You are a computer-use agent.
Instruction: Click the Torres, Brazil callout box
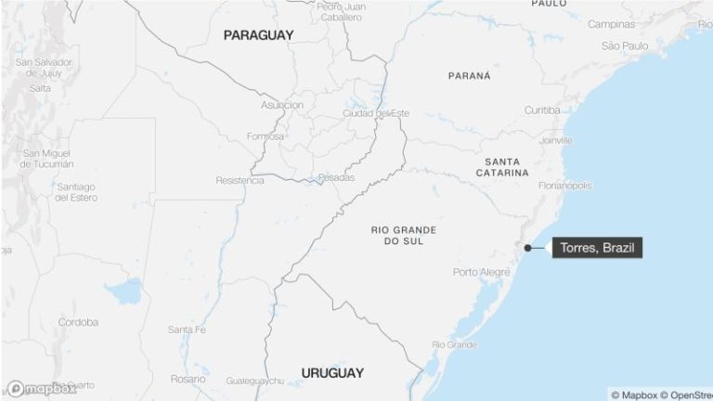(x=597, y=248)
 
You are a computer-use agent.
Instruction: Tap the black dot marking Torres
(x=527, y=248)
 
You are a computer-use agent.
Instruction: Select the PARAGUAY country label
(x=258, y=35)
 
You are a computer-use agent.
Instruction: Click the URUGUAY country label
(x=332, y=373)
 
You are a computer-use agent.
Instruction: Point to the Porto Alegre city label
(x=482, y=272)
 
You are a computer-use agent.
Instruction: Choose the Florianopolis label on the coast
(x=564, y=186)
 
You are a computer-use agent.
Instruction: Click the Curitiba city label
(x=541, y=110)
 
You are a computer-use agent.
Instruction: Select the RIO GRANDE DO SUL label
(x=404, y=235)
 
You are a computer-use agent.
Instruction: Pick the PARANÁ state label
(x=469, y=76)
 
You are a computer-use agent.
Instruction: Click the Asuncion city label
(x=282, y=105)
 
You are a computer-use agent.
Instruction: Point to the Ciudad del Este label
(x=375, y=113)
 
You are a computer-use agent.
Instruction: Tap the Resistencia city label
(x=240, y=180)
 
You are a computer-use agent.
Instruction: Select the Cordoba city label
(x=78, y=322)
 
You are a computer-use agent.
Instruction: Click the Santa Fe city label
(x=187, y=330)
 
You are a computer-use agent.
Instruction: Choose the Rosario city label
(x=188, y=379)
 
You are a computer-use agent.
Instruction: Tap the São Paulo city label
(x=624, y=45)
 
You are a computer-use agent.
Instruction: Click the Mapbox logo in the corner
(x=42, y=389)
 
